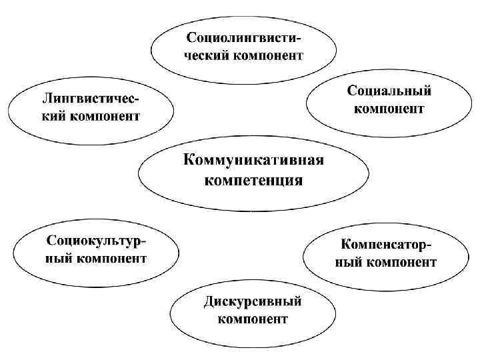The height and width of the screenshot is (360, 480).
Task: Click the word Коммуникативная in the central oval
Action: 253,160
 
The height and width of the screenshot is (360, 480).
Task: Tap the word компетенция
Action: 253,180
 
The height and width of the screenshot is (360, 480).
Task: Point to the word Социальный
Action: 389,90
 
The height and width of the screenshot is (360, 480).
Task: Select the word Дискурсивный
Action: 253,301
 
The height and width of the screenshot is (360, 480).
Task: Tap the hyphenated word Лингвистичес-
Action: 91,99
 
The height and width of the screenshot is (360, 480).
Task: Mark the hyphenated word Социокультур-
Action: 97,239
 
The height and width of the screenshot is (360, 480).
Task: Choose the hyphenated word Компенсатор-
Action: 387,244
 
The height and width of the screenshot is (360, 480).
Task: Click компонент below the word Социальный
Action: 389,108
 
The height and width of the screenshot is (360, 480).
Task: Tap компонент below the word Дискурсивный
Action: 253,319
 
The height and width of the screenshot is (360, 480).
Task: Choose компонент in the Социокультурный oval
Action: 111,257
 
